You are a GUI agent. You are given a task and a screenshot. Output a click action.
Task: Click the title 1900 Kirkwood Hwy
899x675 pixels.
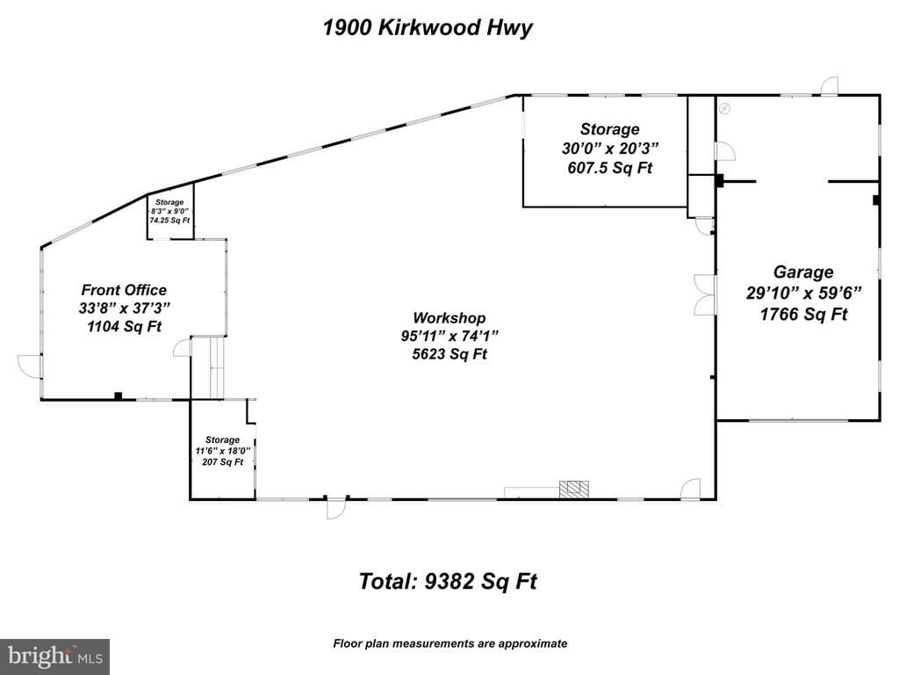pos(427,27)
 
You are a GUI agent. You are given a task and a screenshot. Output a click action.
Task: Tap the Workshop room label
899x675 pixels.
pos(449,318)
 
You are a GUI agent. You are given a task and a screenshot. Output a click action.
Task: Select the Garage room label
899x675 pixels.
pos(802,272)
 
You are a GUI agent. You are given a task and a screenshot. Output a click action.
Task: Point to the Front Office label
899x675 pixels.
pos(124,290)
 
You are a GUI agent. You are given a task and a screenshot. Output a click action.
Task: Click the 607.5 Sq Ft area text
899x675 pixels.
pos(609,168)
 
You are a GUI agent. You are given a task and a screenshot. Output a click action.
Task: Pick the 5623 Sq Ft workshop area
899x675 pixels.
pos(449,354)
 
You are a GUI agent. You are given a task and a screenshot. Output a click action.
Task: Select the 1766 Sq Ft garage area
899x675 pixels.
pos(802,314)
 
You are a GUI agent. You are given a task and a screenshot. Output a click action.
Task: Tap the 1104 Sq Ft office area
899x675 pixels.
pos(124,326)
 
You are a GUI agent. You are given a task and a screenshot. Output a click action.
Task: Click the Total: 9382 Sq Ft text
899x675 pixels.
pos(447,581)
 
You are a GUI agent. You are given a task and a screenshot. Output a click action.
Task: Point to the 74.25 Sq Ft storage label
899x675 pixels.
pos(169,221)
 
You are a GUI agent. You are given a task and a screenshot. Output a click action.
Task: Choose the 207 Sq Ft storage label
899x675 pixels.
pos(222,462)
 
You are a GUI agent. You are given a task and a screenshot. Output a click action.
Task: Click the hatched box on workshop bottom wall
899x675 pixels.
pos(573,490)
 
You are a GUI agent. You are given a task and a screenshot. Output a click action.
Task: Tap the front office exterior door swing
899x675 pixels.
pos(30,366)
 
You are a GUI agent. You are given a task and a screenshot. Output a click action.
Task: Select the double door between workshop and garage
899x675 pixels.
pos(704,294)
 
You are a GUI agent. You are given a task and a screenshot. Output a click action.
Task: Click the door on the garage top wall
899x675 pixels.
pos(828,86)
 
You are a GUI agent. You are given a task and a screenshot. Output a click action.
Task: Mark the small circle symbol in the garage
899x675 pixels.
pos(724,108)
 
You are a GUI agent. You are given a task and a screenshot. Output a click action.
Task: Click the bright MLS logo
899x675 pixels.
pos(54,656)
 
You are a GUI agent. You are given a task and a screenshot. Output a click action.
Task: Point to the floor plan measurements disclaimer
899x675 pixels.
pos(449,643)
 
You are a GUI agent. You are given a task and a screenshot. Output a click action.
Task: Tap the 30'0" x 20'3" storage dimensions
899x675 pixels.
pos(609,149)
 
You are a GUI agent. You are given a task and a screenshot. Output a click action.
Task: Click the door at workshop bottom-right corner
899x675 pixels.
pos(690,490)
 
